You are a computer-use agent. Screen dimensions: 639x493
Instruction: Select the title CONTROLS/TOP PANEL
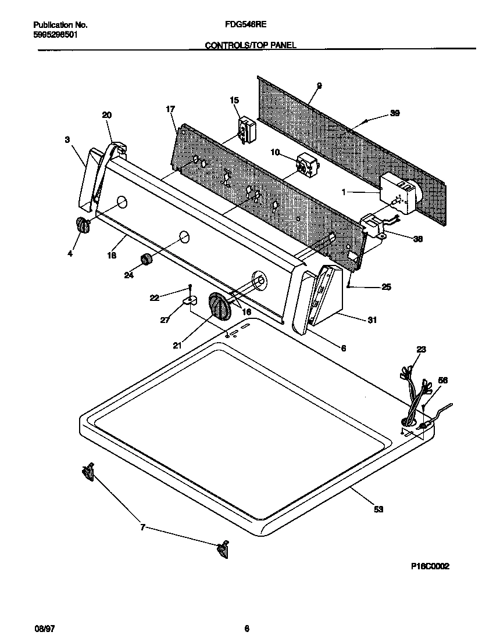pyautogui.click(x=251, y=45)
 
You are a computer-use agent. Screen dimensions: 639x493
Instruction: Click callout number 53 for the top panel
pyautogui.click(x=378, y=509)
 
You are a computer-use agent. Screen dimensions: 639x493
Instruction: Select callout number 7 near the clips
pyautogui.click(x=142, y=527)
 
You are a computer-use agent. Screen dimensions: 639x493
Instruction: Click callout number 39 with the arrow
pyautogui.click(x=395, y=114)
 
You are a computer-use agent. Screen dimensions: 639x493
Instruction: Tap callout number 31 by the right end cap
pyautogui.click(x=372, y=319)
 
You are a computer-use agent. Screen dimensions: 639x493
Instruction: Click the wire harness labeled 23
pyautogui.click(x=413, y=401)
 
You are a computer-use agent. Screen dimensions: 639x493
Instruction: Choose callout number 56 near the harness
pyautogui.click(x=442, y=380)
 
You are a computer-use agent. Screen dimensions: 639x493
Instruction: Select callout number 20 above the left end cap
pyautogui.click(x=107, y=115)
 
